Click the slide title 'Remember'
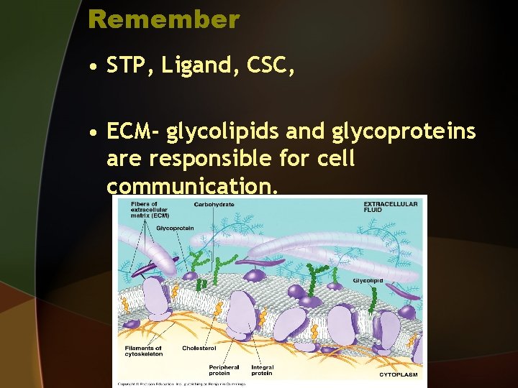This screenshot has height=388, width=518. click(163, 19)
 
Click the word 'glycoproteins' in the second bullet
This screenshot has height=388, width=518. click(404, 132)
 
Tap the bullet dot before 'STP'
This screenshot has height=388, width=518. click(94, 68)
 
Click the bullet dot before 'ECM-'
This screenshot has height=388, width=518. click(94, 133)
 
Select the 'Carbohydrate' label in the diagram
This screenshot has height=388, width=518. click(214, 205)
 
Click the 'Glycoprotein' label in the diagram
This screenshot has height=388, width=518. click(175, 228)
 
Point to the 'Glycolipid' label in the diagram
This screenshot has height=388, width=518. click(368, 280)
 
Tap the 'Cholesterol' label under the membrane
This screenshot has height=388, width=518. click(199, 348)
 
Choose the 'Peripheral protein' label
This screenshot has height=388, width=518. click(225, 370)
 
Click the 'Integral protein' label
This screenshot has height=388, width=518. click(262, 370)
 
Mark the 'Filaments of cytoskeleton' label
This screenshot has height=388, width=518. click(143, 351)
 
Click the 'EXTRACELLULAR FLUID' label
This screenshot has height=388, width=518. click(390, 207)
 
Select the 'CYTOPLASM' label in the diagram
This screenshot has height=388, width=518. click(398, 374)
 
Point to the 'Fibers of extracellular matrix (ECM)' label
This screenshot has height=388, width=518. click(150, 209)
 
